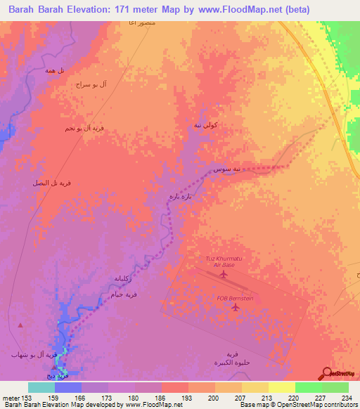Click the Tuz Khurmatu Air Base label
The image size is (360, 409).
[224, 261]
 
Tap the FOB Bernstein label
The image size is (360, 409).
[234, 298]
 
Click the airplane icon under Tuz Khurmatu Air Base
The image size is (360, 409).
[224, 274]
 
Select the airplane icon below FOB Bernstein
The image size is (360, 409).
[235, 310]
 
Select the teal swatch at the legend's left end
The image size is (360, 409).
[41, 387]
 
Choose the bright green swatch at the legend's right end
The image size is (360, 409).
[335, 387]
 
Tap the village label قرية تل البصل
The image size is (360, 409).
[51, 183]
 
